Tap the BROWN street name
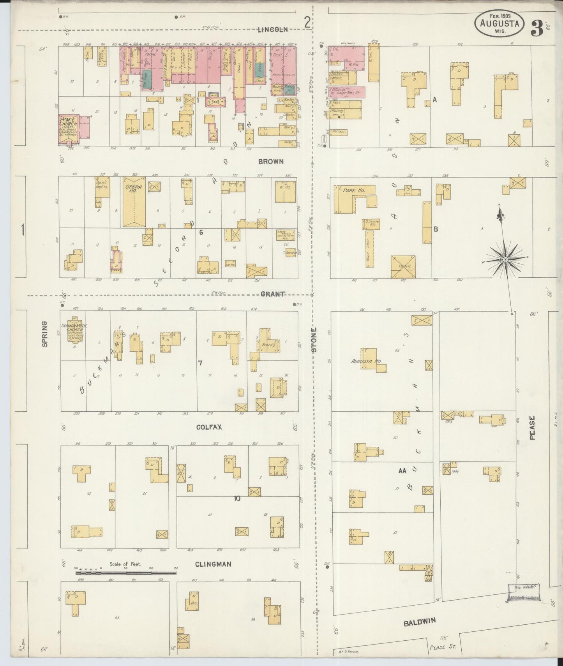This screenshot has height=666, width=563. [271, 161]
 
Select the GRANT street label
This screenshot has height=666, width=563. [272, 294]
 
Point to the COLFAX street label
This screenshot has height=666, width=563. [209, 427]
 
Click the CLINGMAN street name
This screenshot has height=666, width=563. [213, 564]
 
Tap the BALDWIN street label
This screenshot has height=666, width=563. [419, 623]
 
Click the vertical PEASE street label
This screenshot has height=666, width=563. [533, 428]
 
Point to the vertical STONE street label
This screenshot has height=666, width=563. [314, 340]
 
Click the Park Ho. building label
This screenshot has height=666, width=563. [353, 191]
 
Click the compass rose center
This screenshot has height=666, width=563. [505, 260]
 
